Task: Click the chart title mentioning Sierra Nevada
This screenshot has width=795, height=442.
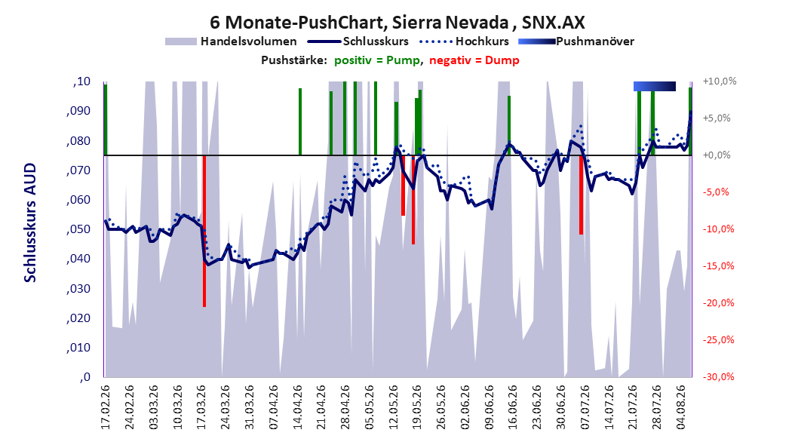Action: tap(397, 23)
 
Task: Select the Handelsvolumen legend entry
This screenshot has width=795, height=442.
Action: tap(231, 41)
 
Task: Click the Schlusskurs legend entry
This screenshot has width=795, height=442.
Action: tap(358, 41)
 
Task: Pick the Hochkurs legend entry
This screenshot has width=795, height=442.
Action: tap(464, 41)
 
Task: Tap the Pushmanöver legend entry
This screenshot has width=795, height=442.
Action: tap(576, 41)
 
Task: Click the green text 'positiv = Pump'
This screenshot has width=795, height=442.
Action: tap(377, 60)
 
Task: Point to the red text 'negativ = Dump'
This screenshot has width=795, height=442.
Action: tap(474, 60)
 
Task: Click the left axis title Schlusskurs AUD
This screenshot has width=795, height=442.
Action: tap(30, 223)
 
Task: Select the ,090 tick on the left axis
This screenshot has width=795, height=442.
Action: tap(78, 111)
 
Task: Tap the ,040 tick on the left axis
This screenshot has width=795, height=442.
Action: tap(78, 259)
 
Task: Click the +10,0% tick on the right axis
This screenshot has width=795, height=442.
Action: tap(720, 81)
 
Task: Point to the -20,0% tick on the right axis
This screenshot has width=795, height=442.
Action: tap(718, 303)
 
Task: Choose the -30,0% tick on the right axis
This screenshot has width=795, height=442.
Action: tap(718, 377)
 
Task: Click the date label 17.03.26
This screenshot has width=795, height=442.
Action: tap(201, 407)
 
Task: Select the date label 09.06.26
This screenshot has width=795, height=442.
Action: tap(490, 407)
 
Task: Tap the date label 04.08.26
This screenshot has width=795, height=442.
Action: tap(681, 407)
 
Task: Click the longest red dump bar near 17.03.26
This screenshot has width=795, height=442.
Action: tap(204, 231)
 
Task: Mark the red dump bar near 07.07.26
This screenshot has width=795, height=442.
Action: tap(581, 195)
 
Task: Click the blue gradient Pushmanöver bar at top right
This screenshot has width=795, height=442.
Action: tap(655, 86)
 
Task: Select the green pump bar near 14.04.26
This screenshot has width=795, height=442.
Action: tap(300, 121)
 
